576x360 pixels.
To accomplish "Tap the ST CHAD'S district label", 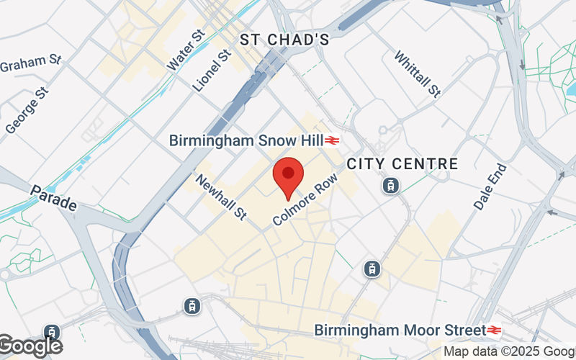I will click(284, 40).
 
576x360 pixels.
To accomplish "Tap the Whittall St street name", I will click(417, 73).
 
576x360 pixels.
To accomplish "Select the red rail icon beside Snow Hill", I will click(332, 140).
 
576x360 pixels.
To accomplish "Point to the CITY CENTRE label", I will click(402, 164).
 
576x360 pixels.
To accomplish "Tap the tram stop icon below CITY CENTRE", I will click(390, 185).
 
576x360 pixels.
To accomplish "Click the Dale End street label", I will click(490, 186).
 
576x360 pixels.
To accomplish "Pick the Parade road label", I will click(53, 199).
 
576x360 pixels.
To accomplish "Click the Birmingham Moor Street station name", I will click(400, 330).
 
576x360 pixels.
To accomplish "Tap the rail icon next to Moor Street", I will click(494, 330).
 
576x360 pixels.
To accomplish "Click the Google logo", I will click(29, 346).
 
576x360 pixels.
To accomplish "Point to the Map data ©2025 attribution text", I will click(508, 352).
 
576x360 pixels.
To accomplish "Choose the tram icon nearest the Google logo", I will click(51, 333).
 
